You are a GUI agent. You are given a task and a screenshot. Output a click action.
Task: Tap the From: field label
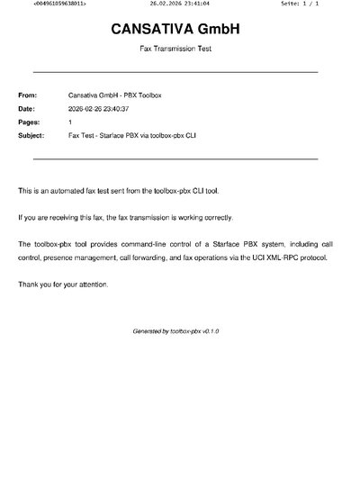[27, 95]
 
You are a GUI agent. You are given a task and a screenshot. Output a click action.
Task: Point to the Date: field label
[26, 108]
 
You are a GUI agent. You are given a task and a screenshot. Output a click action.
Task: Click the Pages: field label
[28, 122]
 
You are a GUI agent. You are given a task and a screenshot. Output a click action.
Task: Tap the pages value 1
[70, 122]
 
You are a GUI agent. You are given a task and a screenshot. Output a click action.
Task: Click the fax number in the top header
[59, 5]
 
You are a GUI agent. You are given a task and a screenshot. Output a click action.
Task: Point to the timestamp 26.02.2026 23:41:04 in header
[179, 5]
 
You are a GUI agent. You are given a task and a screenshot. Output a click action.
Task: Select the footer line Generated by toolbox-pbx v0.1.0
[175, 331]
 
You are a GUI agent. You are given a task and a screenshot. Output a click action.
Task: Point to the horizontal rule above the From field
[175, 71]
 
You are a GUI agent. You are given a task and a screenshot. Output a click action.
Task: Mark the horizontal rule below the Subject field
[175, 158]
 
